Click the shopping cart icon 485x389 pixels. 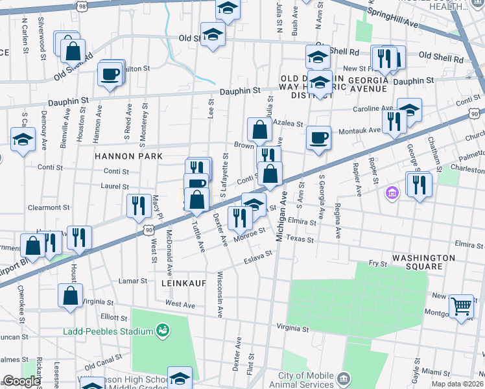click(x=461, y=305)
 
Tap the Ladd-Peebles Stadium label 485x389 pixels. click(x=108, y=331)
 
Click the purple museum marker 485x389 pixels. click(x=392, y=193)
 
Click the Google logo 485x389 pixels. click(x=21, y=381)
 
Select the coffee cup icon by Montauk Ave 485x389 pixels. click(x=318, y=138)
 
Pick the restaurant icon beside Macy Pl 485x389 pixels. click(x=139, y=206)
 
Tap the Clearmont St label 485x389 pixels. click(x=49, y=208)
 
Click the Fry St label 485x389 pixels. click(x=377, y=263)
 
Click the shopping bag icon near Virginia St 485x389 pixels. click(x=70, y=296)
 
